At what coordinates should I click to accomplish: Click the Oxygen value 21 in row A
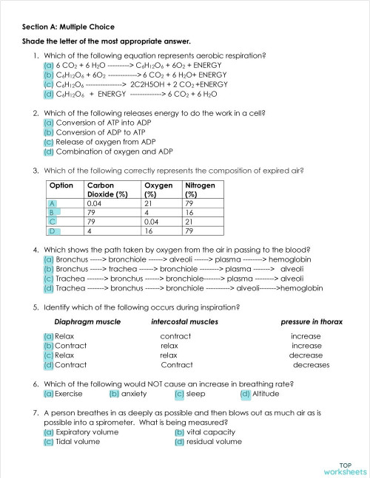pyautogui.click(x=148, y=202)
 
